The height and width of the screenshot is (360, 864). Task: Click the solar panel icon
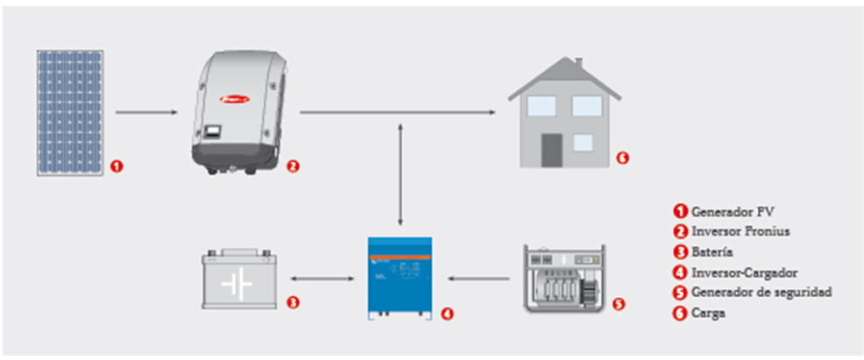(x=70, y=112)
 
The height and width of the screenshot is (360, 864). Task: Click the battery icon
(x=238, y=279)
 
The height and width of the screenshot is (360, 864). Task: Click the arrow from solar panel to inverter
(x=148, y=112)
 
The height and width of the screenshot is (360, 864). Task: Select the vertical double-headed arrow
(x=400, y=175)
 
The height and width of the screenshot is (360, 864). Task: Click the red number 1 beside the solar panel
(x=117, y=165)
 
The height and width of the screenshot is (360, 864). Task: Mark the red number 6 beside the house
(x=622, y=158)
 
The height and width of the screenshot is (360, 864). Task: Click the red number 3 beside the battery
(x=294, y=303)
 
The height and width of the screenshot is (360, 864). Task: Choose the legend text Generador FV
(x=733, y=211)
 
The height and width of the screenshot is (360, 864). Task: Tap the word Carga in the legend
(x=708, y=313)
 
